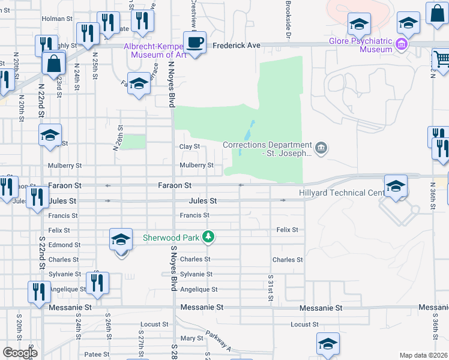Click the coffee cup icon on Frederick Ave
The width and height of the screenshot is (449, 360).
pos(194,43)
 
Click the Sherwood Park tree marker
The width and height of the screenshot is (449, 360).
pos(208,238)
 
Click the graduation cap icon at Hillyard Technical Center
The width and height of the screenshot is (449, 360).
pos(396,185)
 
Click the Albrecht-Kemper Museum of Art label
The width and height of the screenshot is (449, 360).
pos(154,50)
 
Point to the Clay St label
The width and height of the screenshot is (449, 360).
pos(190,147)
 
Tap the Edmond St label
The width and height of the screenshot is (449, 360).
pos(65,245)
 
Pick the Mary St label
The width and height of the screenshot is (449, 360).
pos(192,338)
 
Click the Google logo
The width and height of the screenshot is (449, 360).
pos(20,353)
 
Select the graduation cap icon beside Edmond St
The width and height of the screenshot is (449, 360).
pos(121,241)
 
